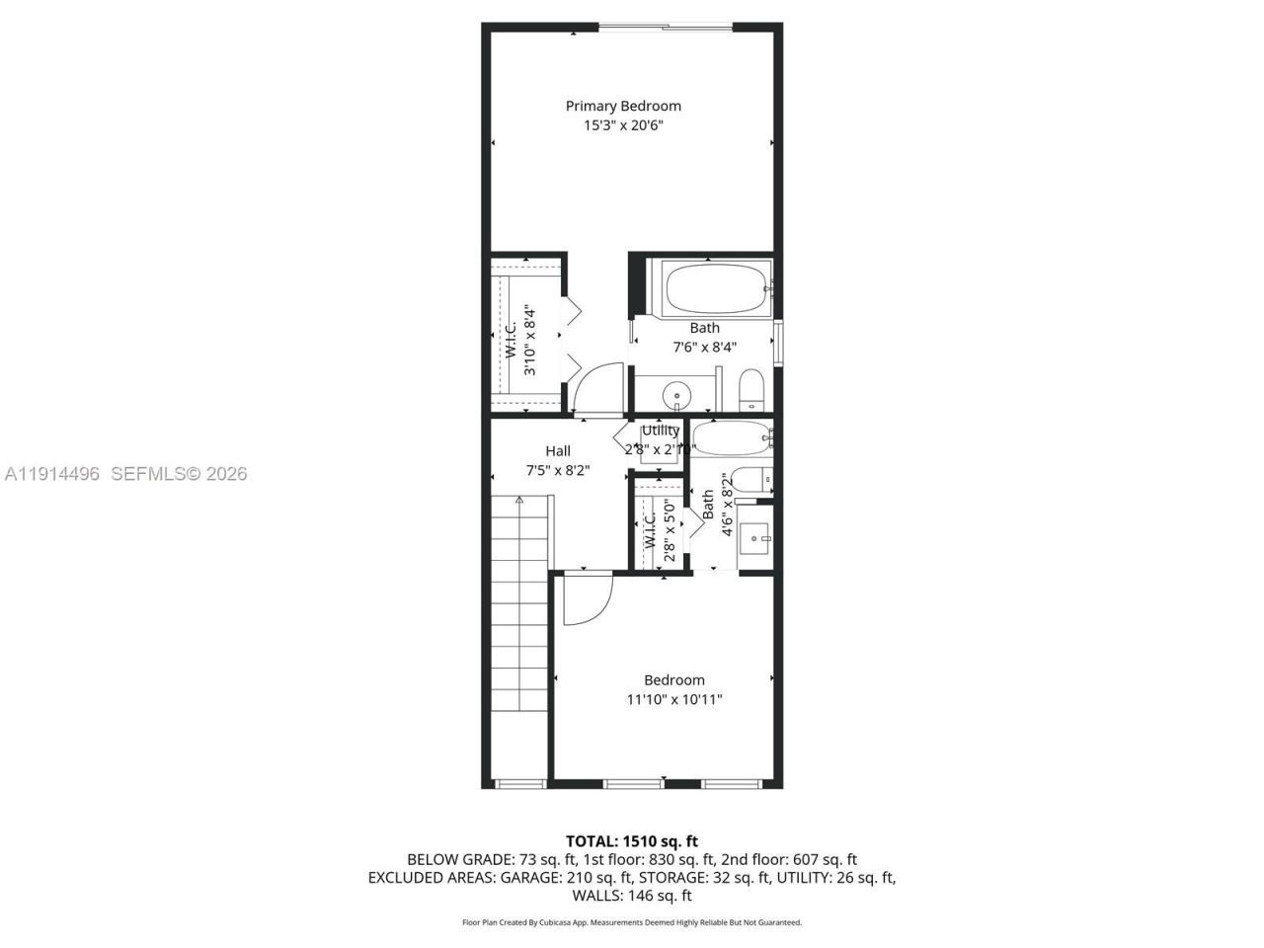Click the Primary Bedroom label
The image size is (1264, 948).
623,106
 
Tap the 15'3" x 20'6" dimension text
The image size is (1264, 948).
623,125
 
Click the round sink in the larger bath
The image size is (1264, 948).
677,393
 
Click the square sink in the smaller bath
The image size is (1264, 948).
757,538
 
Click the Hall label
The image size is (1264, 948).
558,451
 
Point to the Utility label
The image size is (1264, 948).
661,431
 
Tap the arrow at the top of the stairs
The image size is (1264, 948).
519,501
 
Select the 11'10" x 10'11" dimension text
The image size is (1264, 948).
674,699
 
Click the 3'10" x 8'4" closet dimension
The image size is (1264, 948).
530,340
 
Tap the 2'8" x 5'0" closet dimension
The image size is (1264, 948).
670,536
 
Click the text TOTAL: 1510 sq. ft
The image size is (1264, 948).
632,841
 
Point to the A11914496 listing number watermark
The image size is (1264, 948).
52,474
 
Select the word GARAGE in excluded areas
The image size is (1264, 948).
527,877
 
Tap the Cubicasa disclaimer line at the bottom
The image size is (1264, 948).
632,922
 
